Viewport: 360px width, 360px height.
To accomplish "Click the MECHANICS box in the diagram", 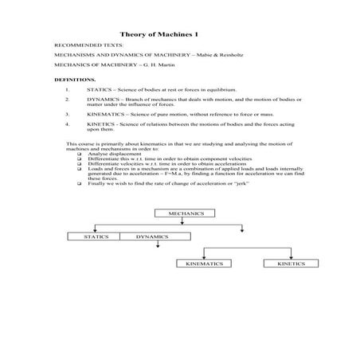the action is (186, 213).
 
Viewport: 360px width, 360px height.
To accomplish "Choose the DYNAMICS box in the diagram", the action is (151, 237).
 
